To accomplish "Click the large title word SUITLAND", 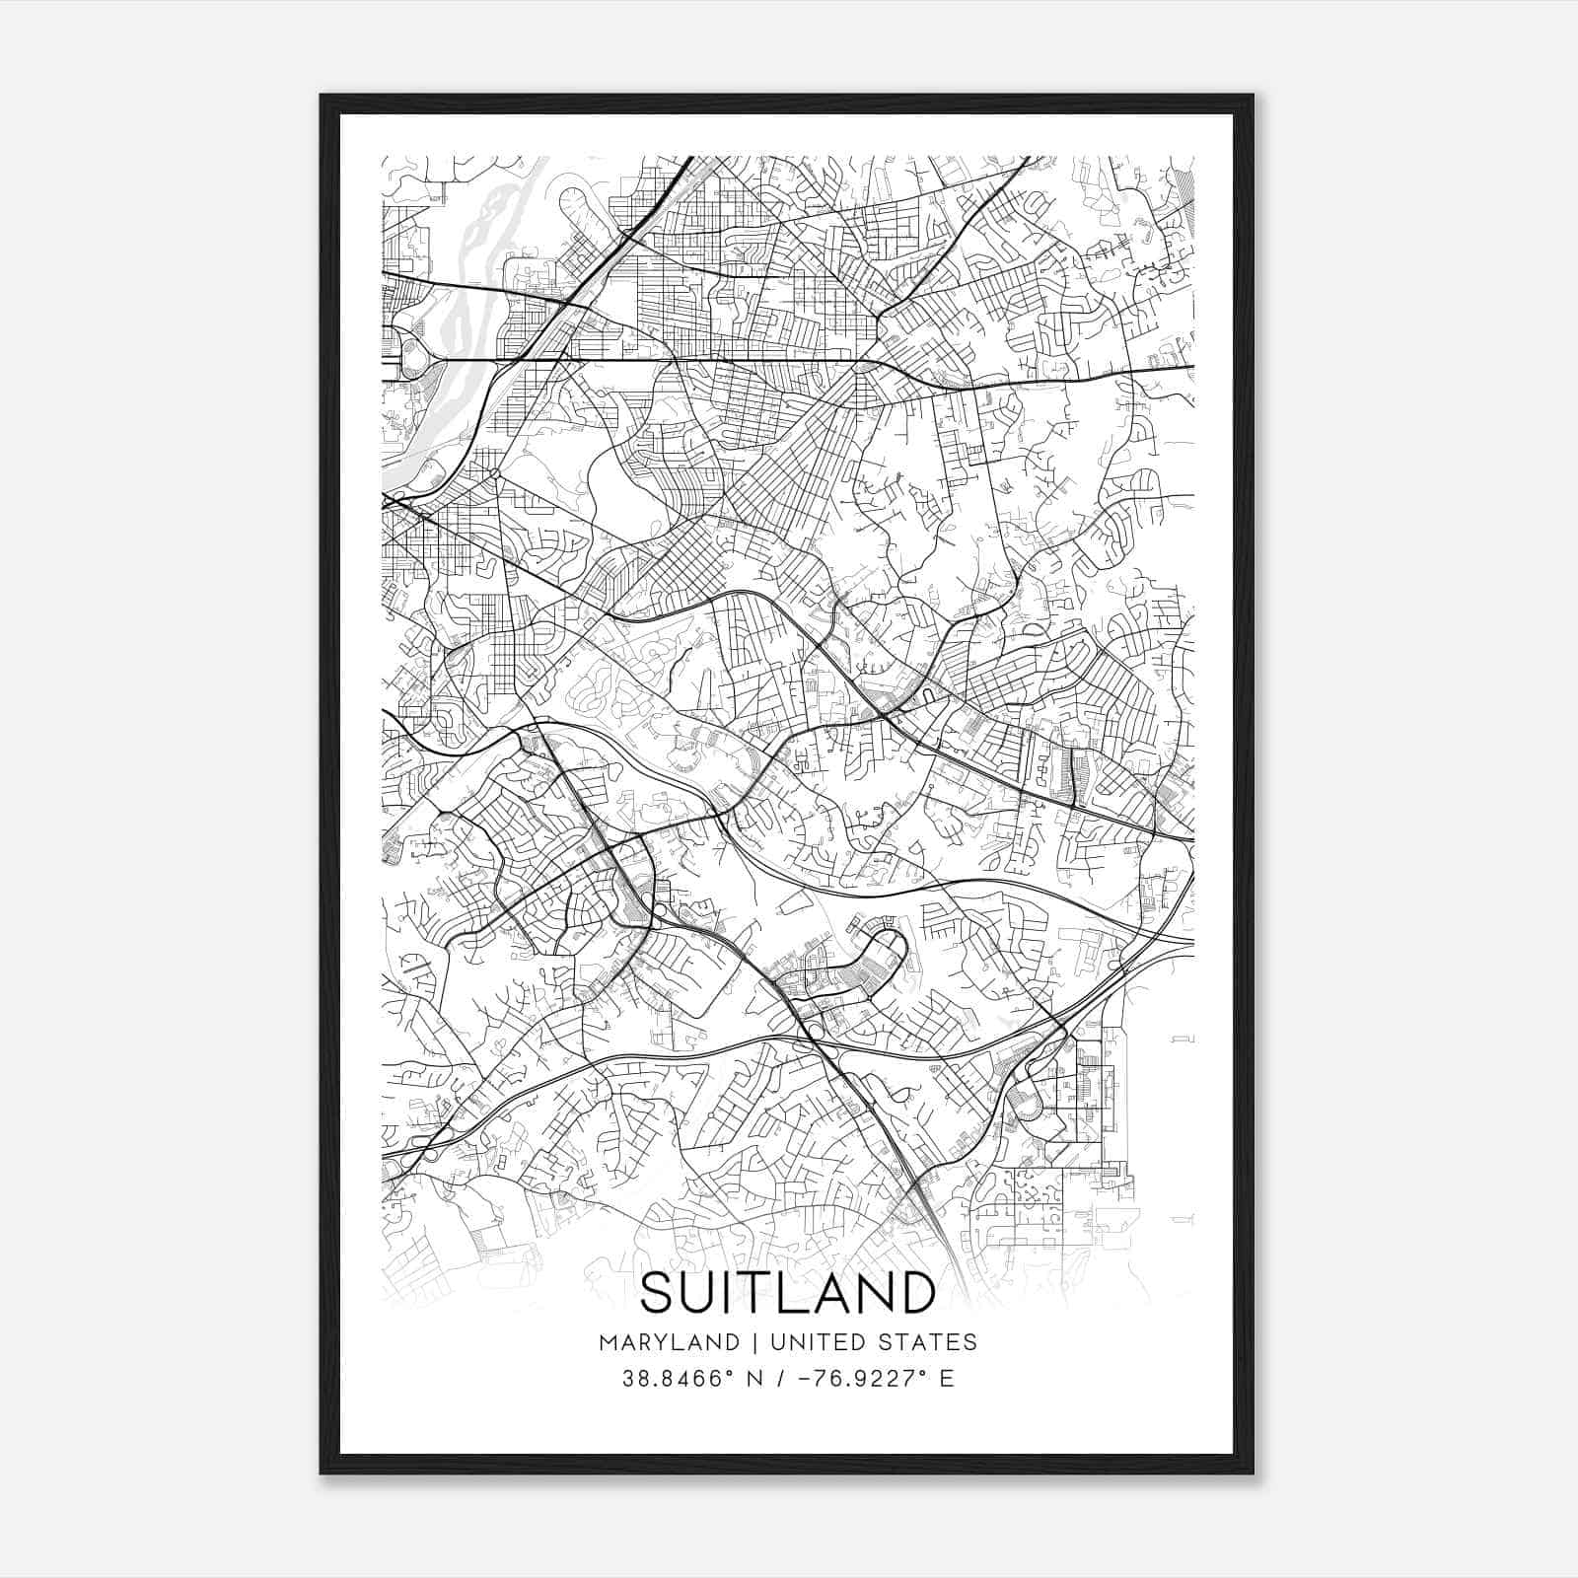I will tap(788, 1292).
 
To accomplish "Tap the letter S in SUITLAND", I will tap(658, 1292).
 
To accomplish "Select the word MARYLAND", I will tap(668, 1342).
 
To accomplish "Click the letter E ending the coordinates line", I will tap(947, 1379).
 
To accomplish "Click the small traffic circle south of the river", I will tap(493, 473).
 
